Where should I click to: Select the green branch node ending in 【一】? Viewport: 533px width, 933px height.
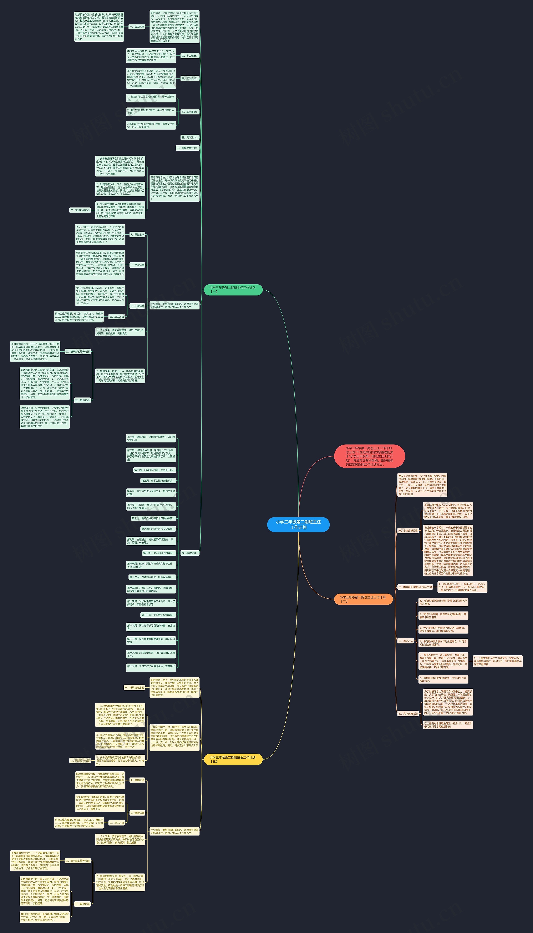(x=233, y=290)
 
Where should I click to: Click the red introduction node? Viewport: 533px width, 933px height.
(x=369, y=456)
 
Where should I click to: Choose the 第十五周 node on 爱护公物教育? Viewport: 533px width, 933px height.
(x=158, y=615)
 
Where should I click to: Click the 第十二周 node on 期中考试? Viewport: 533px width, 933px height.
(x=152, y=577)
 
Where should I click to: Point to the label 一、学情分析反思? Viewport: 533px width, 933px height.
(x=408, y=530)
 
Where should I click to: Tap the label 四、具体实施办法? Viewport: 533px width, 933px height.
(x=408, y=713)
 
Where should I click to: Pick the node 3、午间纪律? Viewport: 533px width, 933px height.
(x=137, y=306)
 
